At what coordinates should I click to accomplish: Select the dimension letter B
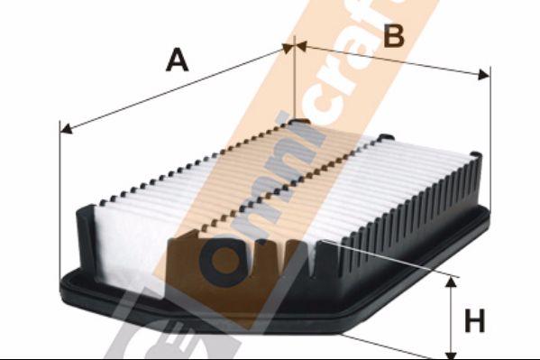point(393,35)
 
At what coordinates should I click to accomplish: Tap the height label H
point(474,320)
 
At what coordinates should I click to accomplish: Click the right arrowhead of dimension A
point(289,49)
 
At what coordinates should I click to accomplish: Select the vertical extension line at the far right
point(490,135)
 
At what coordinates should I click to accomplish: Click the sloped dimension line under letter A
point(171,90)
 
